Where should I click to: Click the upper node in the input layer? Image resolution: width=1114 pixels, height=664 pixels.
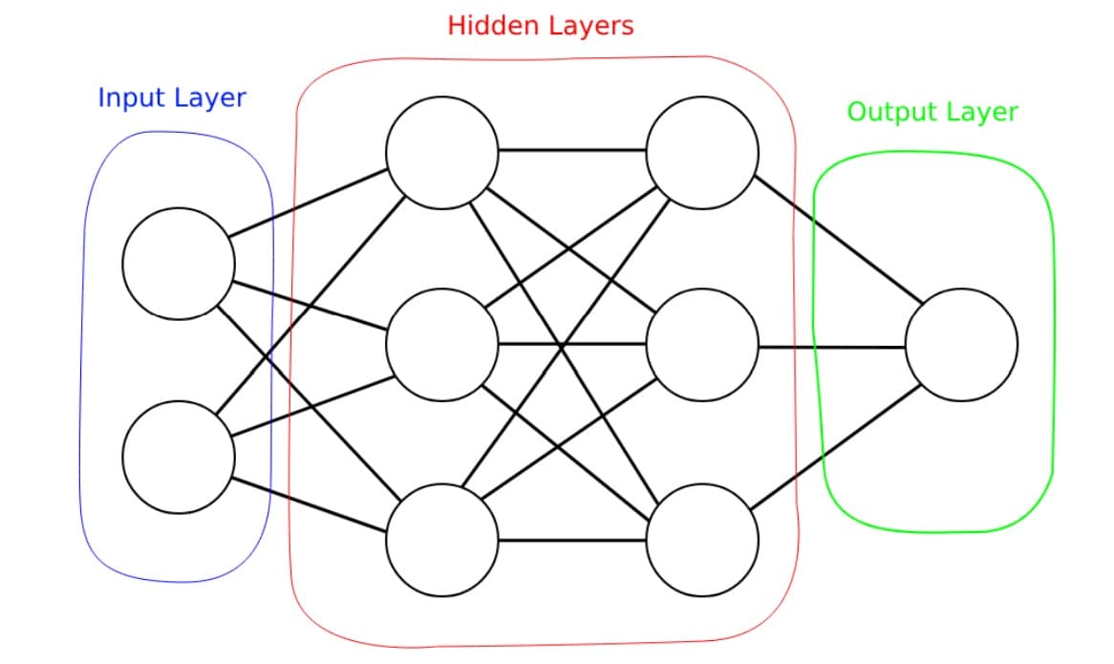(x=179, y=264)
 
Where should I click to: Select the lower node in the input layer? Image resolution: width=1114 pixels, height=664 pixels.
(x=179, y=457)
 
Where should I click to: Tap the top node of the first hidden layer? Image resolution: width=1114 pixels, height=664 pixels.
(x=441, y=151)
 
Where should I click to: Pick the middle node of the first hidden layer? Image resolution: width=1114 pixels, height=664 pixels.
(x=441, y=344)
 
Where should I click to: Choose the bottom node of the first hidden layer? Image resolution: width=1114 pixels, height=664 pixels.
(x=441, y=540)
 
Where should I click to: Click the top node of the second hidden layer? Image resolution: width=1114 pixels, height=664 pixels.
(x=702, y=151)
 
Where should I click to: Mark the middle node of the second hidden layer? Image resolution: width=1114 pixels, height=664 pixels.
(x=702, y=344)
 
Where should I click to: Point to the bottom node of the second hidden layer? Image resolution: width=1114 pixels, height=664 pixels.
(x=702, y=540)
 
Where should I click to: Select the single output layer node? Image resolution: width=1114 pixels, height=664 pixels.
(x=961, y=344)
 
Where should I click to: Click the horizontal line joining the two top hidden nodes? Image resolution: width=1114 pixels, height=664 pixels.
(x=571, y=151)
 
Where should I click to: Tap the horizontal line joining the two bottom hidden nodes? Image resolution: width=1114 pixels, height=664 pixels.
(x=571, y=541)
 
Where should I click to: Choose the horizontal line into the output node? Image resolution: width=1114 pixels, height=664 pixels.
(x=831, y=346)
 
